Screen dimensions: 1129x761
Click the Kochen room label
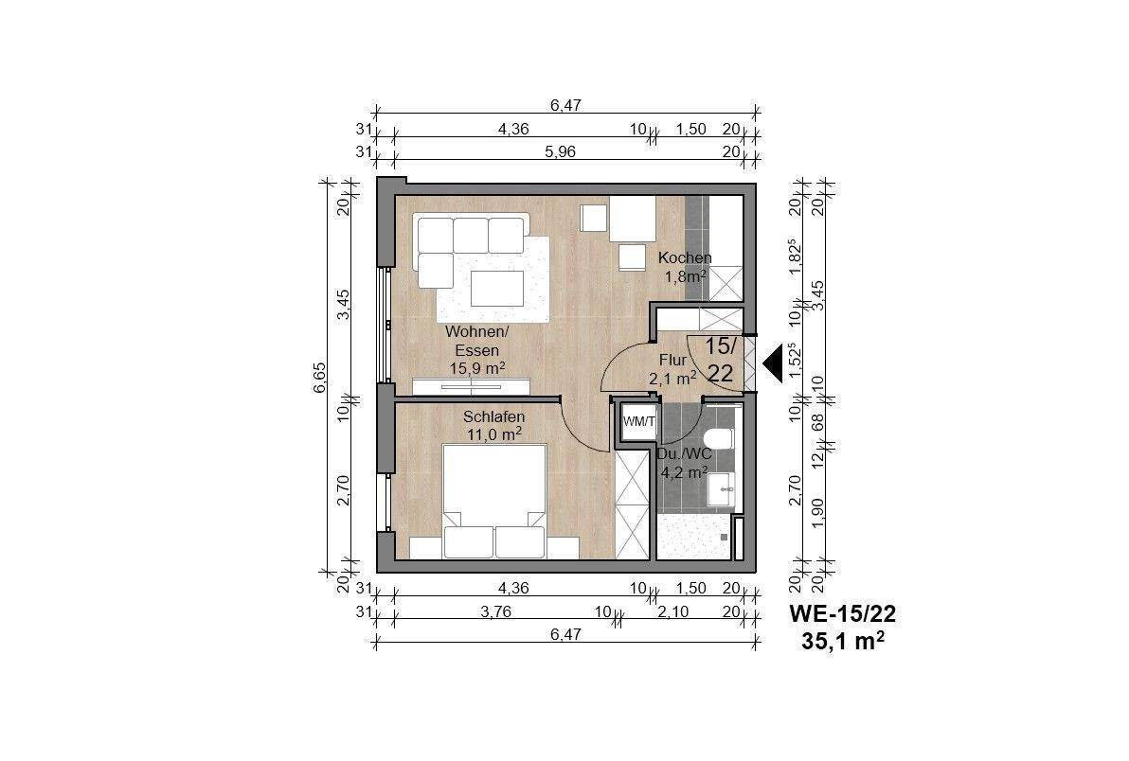click(685, 257)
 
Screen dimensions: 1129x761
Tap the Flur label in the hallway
click(673, 360)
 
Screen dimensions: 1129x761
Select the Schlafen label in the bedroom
click(494, 416)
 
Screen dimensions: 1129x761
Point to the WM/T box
click(638, 421)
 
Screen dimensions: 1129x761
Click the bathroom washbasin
click(721, 490)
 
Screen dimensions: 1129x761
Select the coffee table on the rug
click(497, 289)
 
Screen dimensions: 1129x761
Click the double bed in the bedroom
click(494, 502)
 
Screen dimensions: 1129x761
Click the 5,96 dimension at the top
click(560, 151)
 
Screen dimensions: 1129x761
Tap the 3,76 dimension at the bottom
click(514, 611)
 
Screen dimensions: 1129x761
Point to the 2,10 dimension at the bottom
click(673, 611)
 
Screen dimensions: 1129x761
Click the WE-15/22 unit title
click(843, 613)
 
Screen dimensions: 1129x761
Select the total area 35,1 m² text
click(843, 641)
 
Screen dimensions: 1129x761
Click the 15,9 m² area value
click(477, 368)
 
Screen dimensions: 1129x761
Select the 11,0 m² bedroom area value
click(494, 434)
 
